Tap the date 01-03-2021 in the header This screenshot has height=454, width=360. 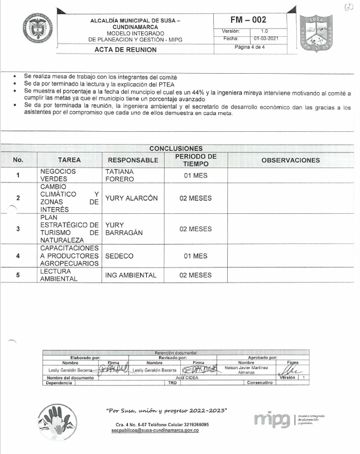(266, 39)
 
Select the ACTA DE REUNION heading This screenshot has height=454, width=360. (126, 50)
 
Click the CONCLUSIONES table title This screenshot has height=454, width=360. (176, 149)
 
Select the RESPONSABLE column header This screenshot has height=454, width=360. (133, 160)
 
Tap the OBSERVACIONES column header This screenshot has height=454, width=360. (290, 160)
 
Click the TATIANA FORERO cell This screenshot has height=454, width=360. (119, 175)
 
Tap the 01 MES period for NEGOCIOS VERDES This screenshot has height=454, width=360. (195, 175)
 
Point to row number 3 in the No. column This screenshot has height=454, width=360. (18, 229)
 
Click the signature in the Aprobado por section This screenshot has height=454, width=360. (293, 370)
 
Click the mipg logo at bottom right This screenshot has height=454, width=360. (272, 419)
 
